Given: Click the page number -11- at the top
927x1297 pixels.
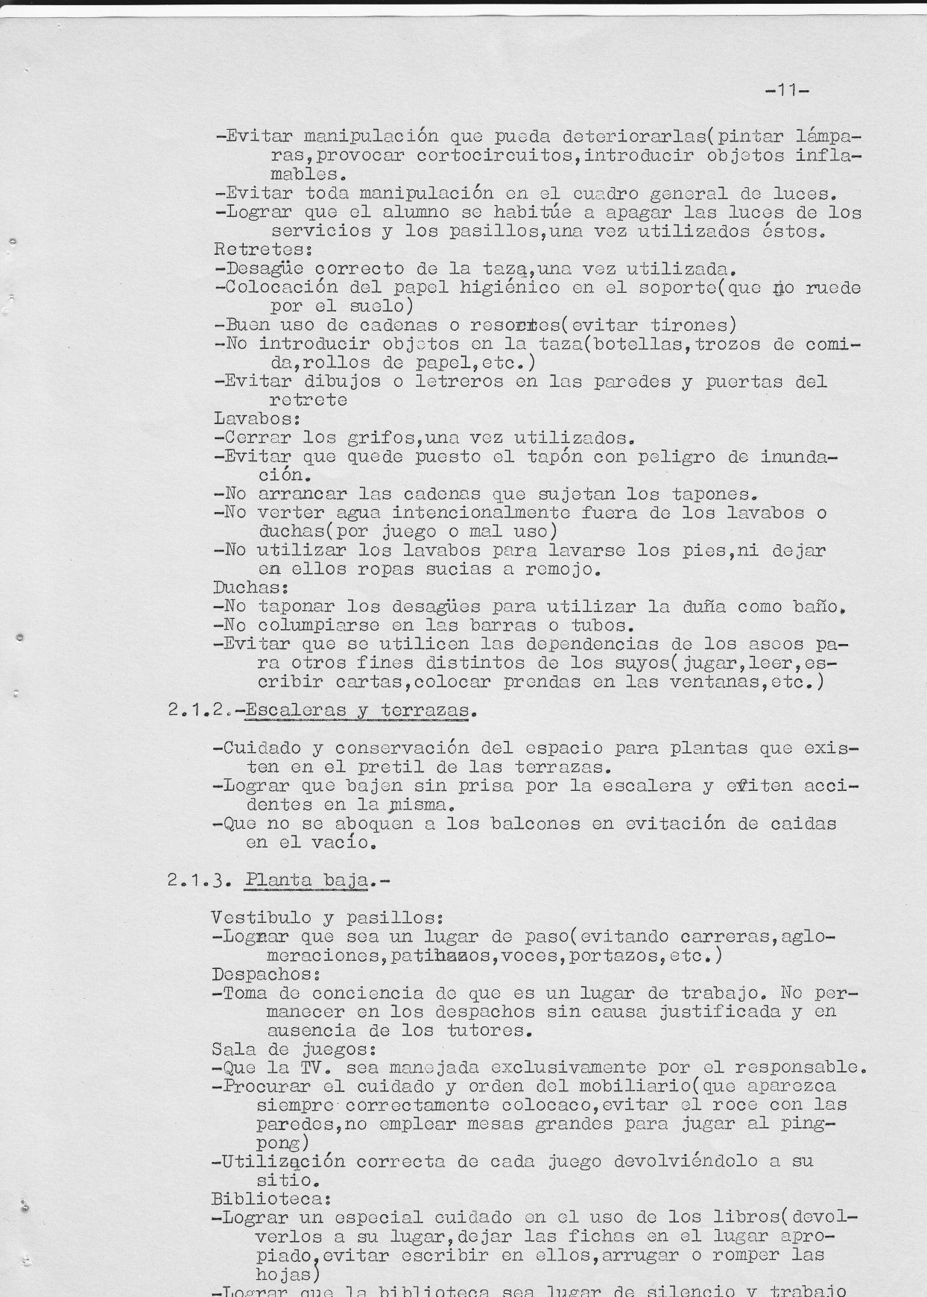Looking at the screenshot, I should [x=787, y=91].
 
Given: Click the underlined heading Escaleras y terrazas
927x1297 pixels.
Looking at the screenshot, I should [x=358, y=710].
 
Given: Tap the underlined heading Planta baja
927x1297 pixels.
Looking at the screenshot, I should [x=306, y=880].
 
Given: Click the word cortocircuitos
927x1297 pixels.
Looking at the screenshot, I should [x=498, y=156].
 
